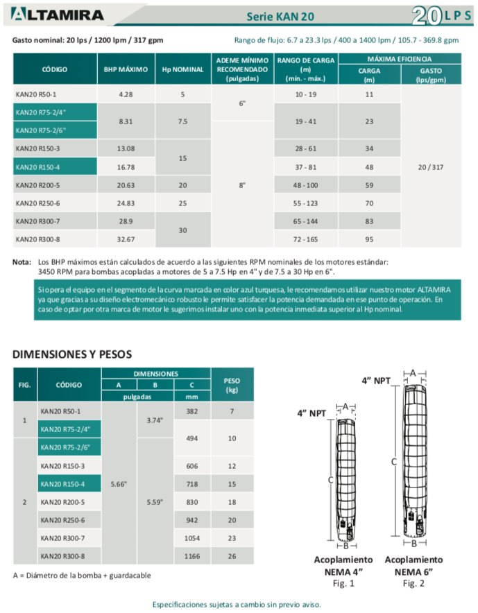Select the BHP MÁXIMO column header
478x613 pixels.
pos(126,70)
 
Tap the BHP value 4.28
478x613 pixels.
pos(126,94)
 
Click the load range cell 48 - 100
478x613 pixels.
pos(305,184)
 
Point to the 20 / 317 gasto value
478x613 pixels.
pos(431,166)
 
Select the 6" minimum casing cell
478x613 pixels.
pos(242,103)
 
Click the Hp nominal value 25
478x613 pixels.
pos(182,202)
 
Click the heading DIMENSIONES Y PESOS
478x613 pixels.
pos(72,354)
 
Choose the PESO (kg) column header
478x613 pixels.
pos(233,386)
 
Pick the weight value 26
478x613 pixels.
pos(233,556)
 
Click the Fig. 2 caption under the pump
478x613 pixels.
pos(414,584)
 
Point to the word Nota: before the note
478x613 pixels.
pos(22,262)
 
